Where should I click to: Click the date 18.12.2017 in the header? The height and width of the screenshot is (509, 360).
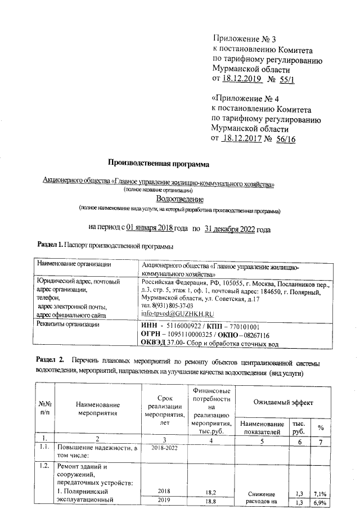(x=243, y=138)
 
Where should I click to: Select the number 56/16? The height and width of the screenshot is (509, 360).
(x=286, y=138)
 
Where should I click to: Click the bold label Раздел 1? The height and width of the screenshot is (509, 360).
(x=49, y=246)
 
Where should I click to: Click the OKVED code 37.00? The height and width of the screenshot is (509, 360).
(x=185, y=343)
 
